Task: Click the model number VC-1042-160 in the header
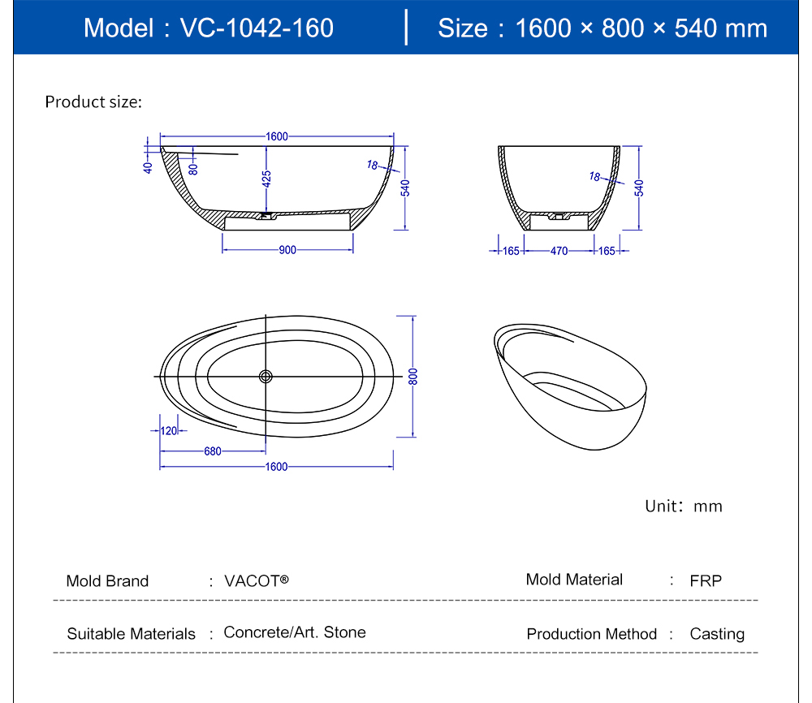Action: pos(257,28)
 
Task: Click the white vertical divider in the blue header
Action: pos(406,28)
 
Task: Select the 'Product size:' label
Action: pos(93,101)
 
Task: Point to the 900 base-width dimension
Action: pos(287,250)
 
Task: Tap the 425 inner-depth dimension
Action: pos(266,179)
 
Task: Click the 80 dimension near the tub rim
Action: pos(193,170)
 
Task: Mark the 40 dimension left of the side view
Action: pos(148,168)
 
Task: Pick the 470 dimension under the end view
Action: pos(559,251)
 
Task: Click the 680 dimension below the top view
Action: pos(212,451)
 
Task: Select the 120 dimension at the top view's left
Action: pos(169,431)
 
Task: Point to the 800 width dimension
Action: pos(412,377)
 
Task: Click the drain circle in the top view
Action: pos(266,377)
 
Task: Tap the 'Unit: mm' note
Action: pos(684,506)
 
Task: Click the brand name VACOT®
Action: pos(257,581)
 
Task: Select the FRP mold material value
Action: pos(706,581)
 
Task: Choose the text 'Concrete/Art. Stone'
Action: pos(295,632)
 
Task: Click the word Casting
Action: pos(717,634)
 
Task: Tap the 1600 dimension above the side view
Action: pos(277,136)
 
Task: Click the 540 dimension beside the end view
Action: pos(639,188)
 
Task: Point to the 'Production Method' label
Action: pos(591,634)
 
